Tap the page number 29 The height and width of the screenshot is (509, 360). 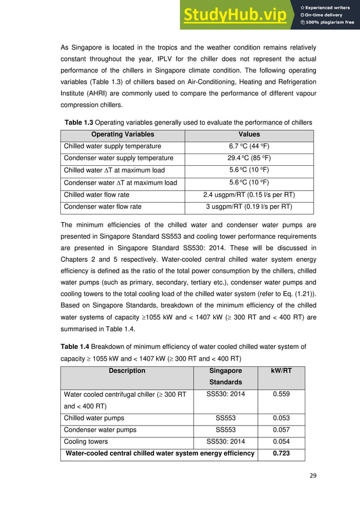pos(306,492)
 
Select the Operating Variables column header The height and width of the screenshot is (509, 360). pos(122,134)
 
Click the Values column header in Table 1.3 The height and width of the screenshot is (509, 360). pos(249,134)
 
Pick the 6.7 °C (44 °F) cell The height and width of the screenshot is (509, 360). pos(249,146)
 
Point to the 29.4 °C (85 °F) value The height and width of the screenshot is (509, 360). pos(249,158)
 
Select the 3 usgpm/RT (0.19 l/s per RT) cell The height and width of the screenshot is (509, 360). pos(249,207)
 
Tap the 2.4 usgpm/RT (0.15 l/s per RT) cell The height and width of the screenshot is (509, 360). pos(249,195)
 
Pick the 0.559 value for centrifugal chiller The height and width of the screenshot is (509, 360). pos(281,394)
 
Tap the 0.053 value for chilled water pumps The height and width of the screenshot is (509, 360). pos(281,418)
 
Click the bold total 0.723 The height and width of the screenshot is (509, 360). pos(281,453)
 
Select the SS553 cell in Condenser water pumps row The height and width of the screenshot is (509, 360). pos(225,430)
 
